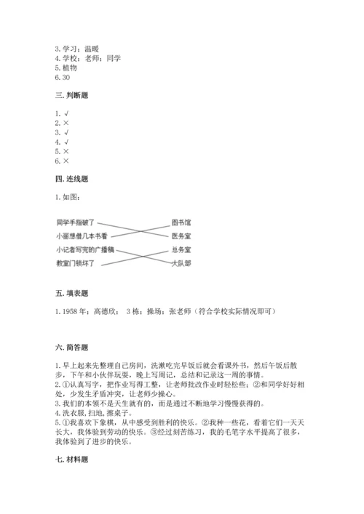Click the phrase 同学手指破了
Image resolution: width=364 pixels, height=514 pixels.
pos(75,222)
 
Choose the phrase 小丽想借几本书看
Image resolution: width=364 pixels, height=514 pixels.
pos(81,236)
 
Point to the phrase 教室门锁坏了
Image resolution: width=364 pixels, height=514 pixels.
pos(75,263)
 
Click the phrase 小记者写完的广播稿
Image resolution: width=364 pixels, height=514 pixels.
pos(84,249)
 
